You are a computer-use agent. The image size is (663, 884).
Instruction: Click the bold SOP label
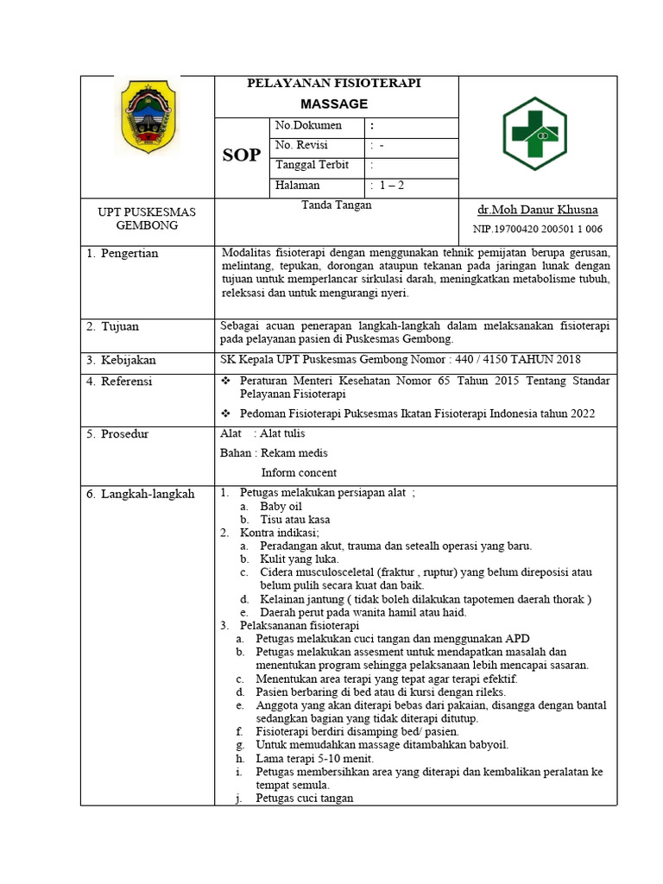click(x=242, y=155)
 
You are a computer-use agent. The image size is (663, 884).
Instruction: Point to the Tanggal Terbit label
click(x=312, y=165)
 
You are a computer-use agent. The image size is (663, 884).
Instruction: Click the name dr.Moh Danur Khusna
click(x=537, y=210)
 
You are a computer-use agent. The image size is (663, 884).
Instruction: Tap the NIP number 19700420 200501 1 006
click(x=537, y=229)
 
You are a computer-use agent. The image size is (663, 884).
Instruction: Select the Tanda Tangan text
click(x=336, y=205)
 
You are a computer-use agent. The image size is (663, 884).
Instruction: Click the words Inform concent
click(x=299, y=472)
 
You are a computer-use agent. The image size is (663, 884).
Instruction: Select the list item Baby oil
click(x=281, y=507)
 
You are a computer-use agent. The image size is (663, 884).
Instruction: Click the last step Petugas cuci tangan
click(x=304, y=799)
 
